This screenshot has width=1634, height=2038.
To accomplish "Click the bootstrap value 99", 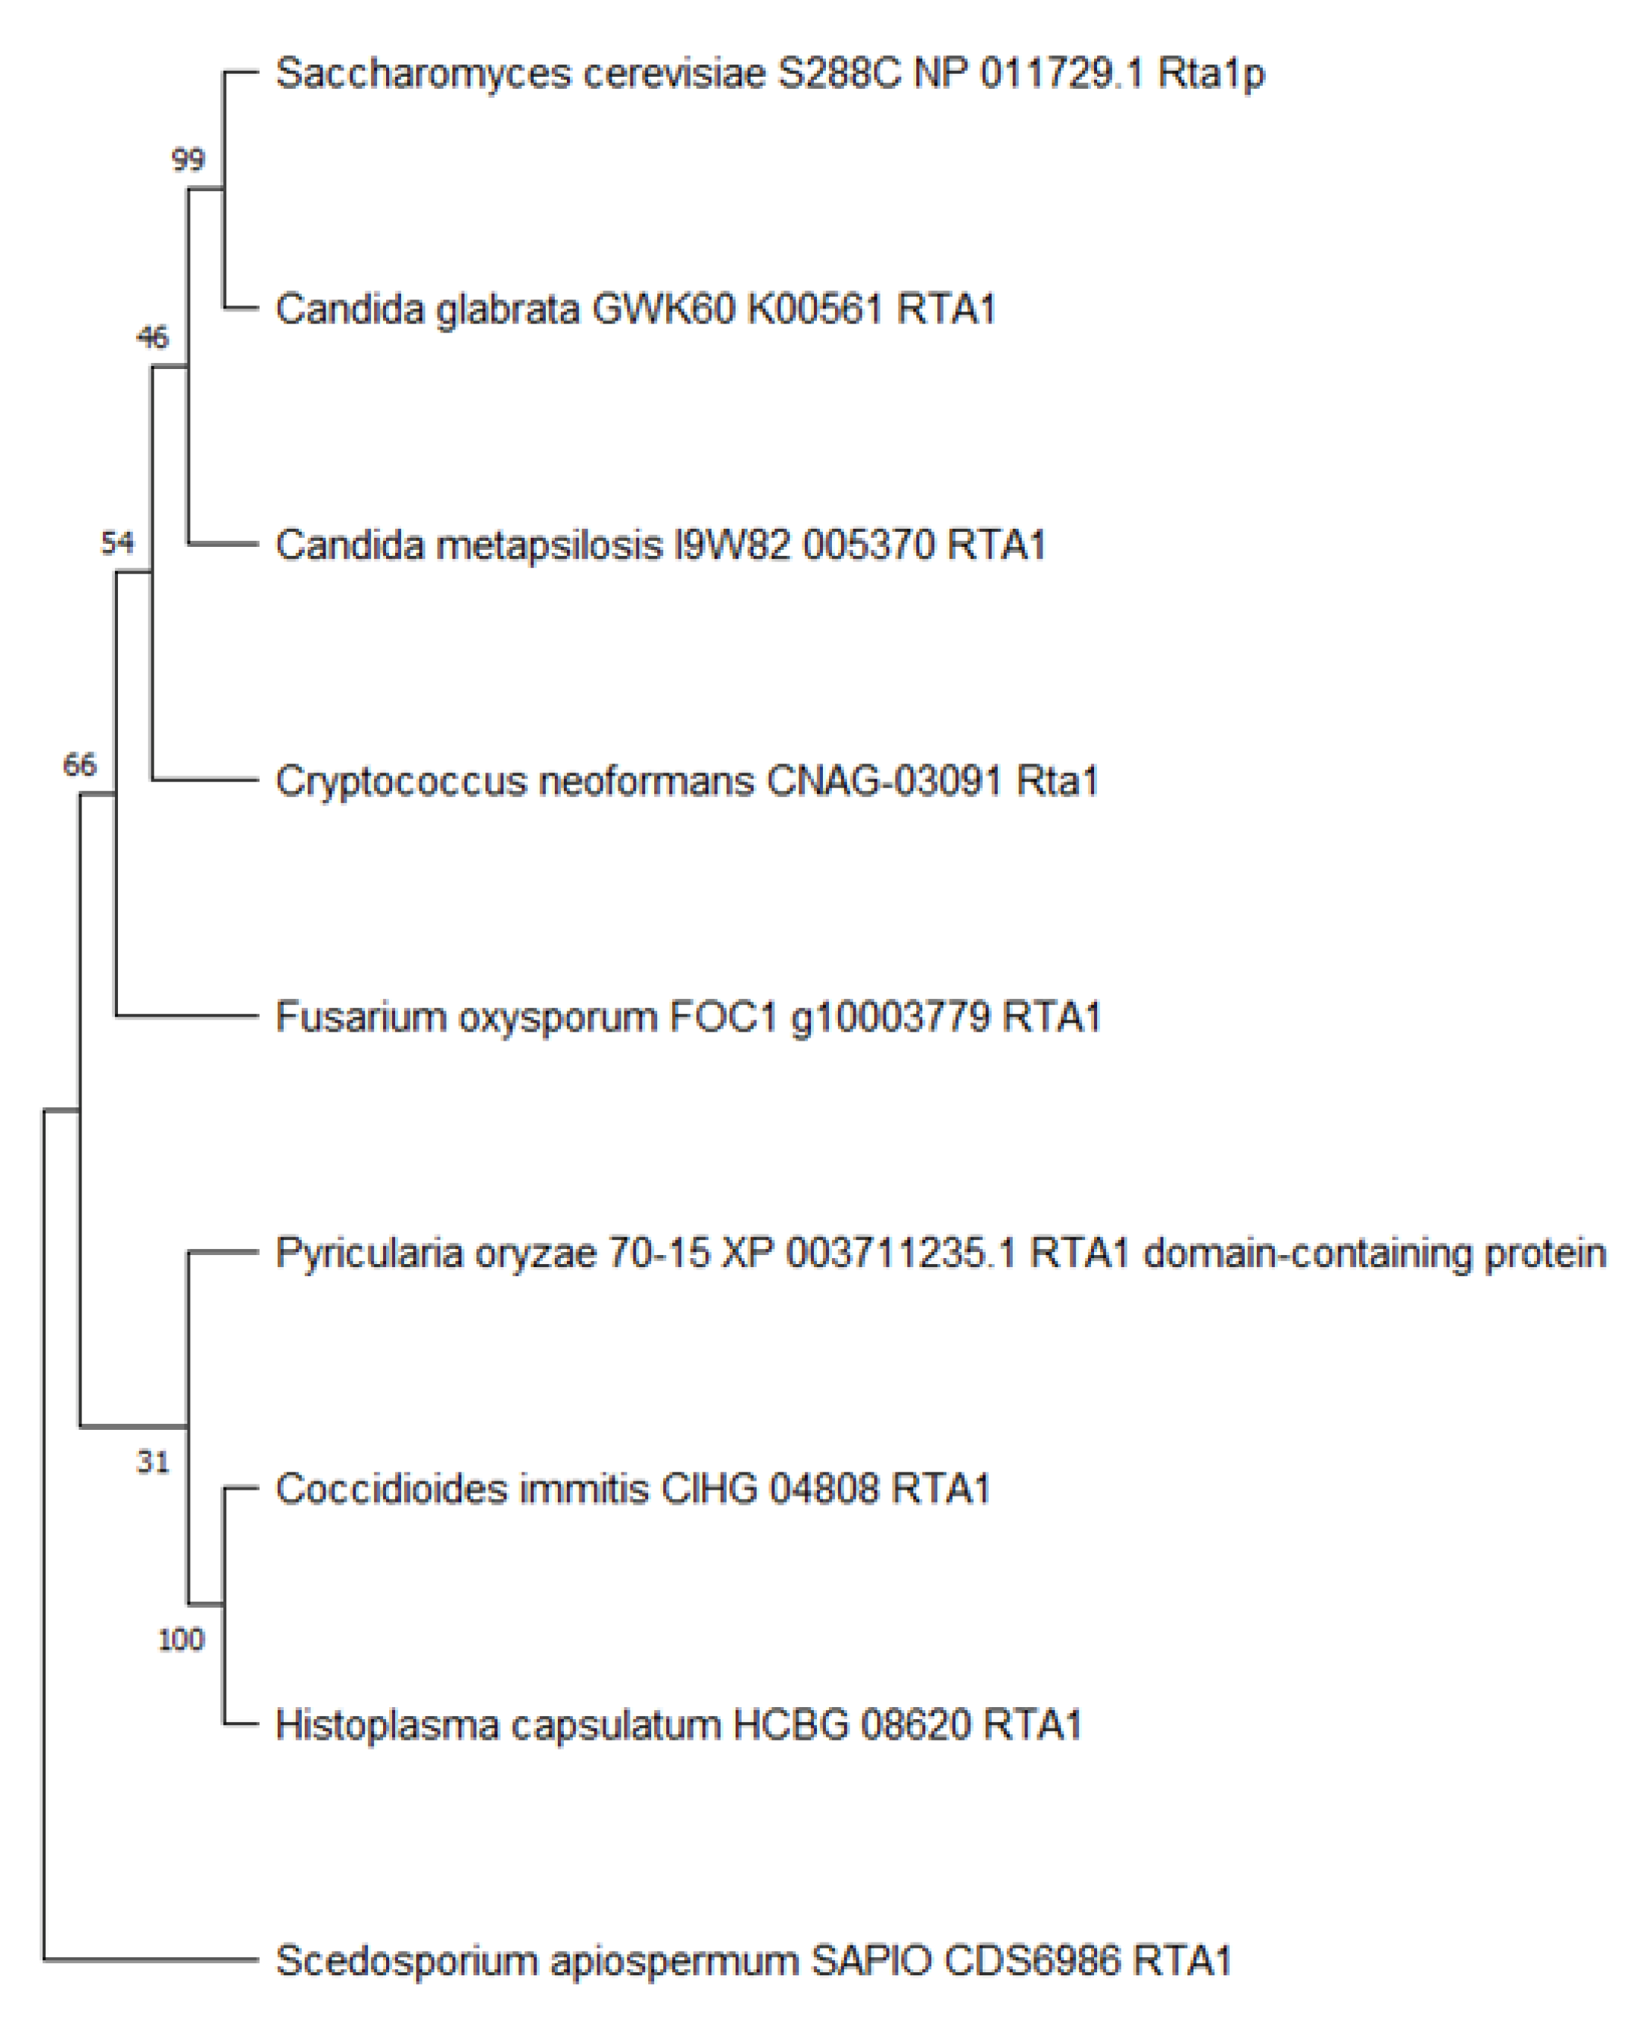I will click(188, 160).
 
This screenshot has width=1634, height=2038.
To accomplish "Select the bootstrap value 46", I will click(152, 338).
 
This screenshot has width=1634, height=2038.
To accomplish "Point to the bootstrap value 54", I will click(117, 542).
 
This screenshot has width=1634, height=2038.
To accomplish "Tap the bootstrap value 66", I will click(79, 765).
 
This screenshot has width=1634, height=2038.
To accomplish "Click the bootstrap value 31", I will click(152, 1462).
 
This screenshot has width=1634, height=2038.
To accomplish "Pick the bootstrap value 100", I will click(181, 1639).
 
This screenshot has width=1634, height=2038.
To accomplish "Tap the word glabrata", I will click(508, 310).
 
